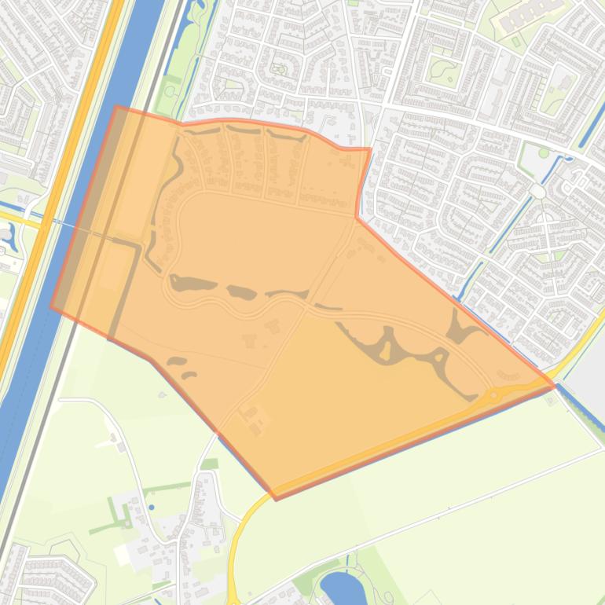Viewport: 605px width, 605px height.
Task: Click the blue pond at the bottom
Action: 339,585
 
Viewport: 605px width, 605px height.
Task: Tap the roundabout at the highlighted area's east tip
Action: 494,394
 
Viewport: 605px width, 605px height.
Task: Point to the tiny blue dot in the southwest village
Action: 151,486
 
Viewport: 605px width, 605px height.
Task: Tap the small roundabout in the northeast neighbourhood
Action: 537,191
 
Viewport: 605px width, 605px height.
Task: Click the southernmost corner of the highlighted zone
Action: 276,498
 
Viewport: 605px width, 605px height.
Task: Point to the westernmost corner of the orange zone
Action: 52,307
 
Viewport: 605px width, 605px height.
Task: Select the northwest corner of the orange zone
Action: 117,108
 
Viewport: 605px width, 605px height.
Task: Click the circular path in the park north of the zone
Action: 278,69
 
